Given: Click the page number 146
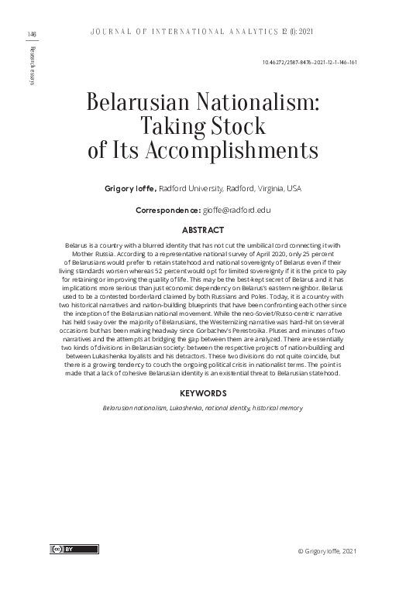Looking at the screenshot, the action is tap(32, 34).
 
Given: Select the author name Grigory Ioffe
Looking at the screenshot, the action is tap(130, 187).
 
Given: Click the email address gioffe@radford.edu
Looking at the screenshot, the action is tap(237, 210).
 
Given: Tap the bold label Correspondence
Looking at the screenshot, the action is tap(167, 210).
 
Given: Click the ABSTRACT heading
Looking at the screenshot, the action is tap(202, 230).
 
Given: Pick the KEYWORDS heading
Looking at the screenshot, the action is tap(202, 393).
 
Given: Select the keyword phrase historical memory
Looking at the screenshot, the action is tap(275, 407).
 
